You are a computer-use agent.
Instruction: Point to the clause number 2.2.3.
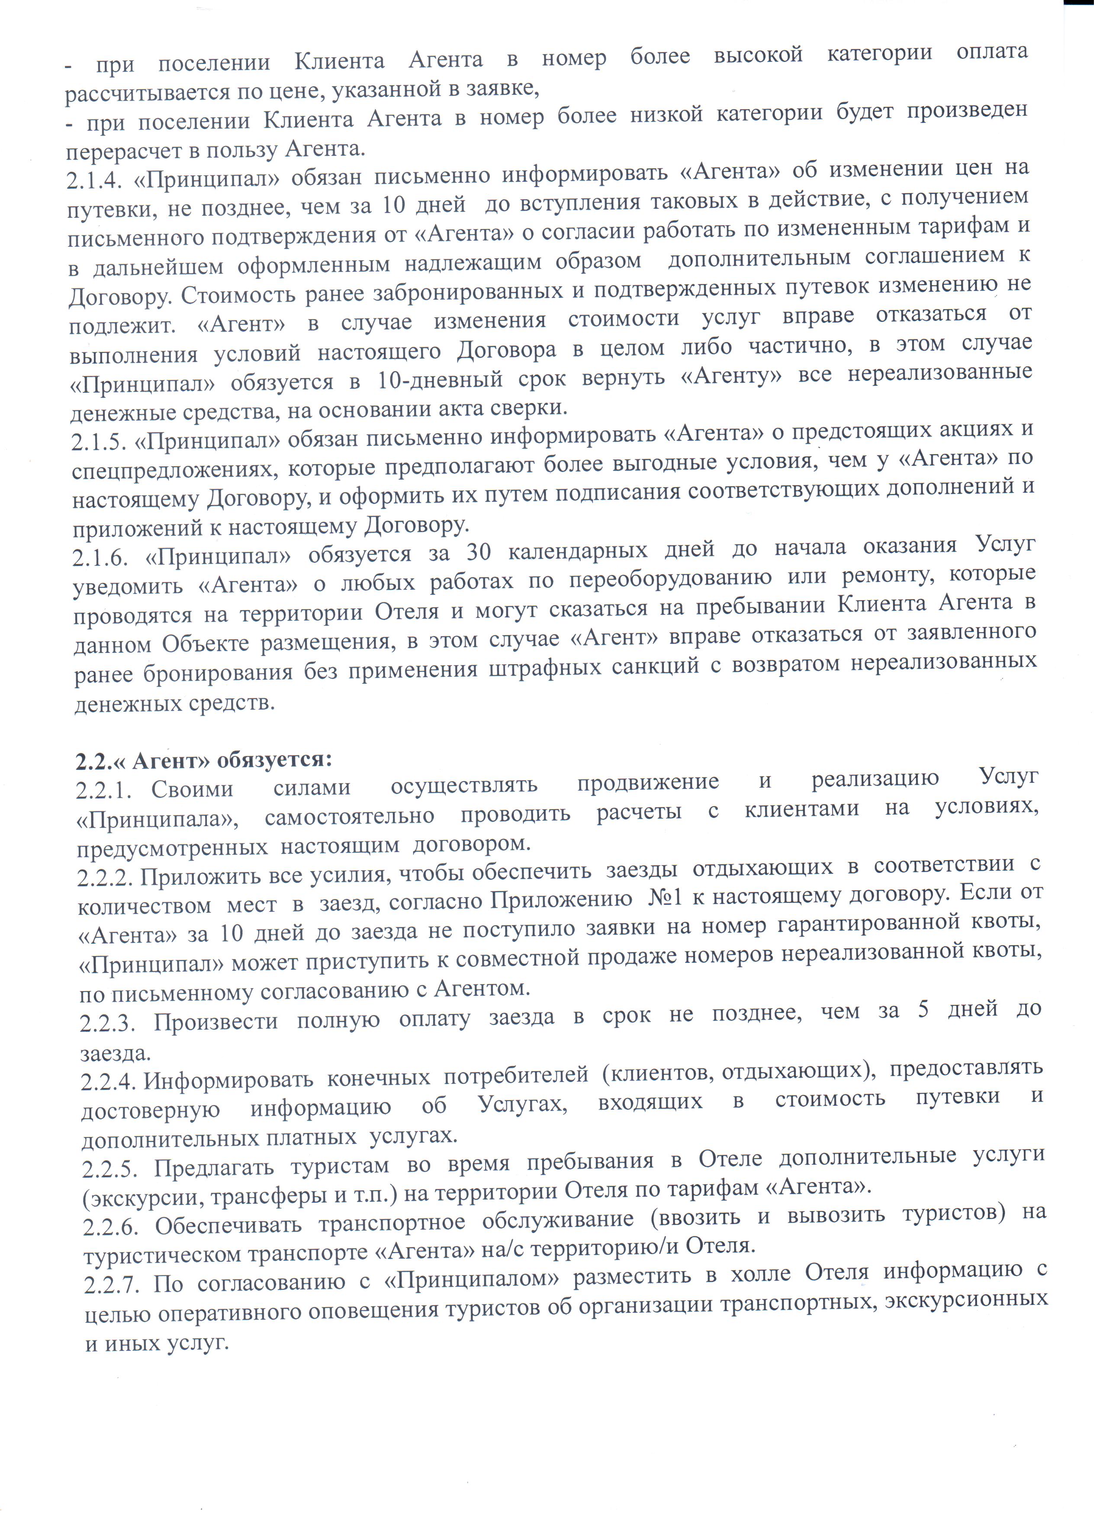click(108, 1022)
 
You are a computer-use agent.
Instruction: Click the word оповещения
click(377, 1309)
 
